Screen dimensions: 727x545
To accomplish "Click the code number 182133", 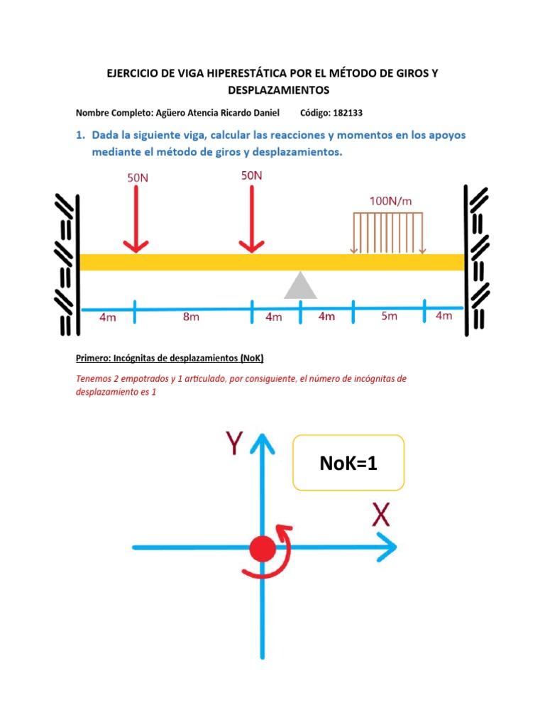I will pyautogui.click(x=348, y=113).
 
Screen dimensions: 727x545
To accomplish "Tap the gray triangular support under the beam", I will pyautogui.click(x=301, y=285).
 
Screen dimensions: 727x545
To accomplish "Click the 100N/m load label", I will pyautogui.click(x=390, y=201).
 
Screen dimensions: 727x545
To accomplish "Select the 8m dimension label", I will pyautogui.click(x=191, y=317).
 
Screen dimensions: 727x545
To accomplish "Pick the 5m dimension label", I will pyautogui.click(x=389, y=317).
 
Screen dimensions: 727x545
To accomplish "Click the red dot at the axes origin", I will pyautogui.click(x=263, y=548).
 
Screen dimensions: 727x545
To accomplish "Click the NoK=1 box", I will pyautogui.click(x=348, y=463).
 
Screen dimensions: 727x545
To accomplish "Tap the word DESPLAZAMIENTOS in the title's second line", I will pyautogui.click(x=279, y=90).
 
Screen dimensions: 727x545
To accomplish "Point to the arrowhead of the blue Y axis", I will pyautogui.click(x=263, y=439).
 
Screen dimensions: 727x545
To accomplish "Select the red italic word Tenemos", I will pyautogui.click(x=94, y=379).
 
